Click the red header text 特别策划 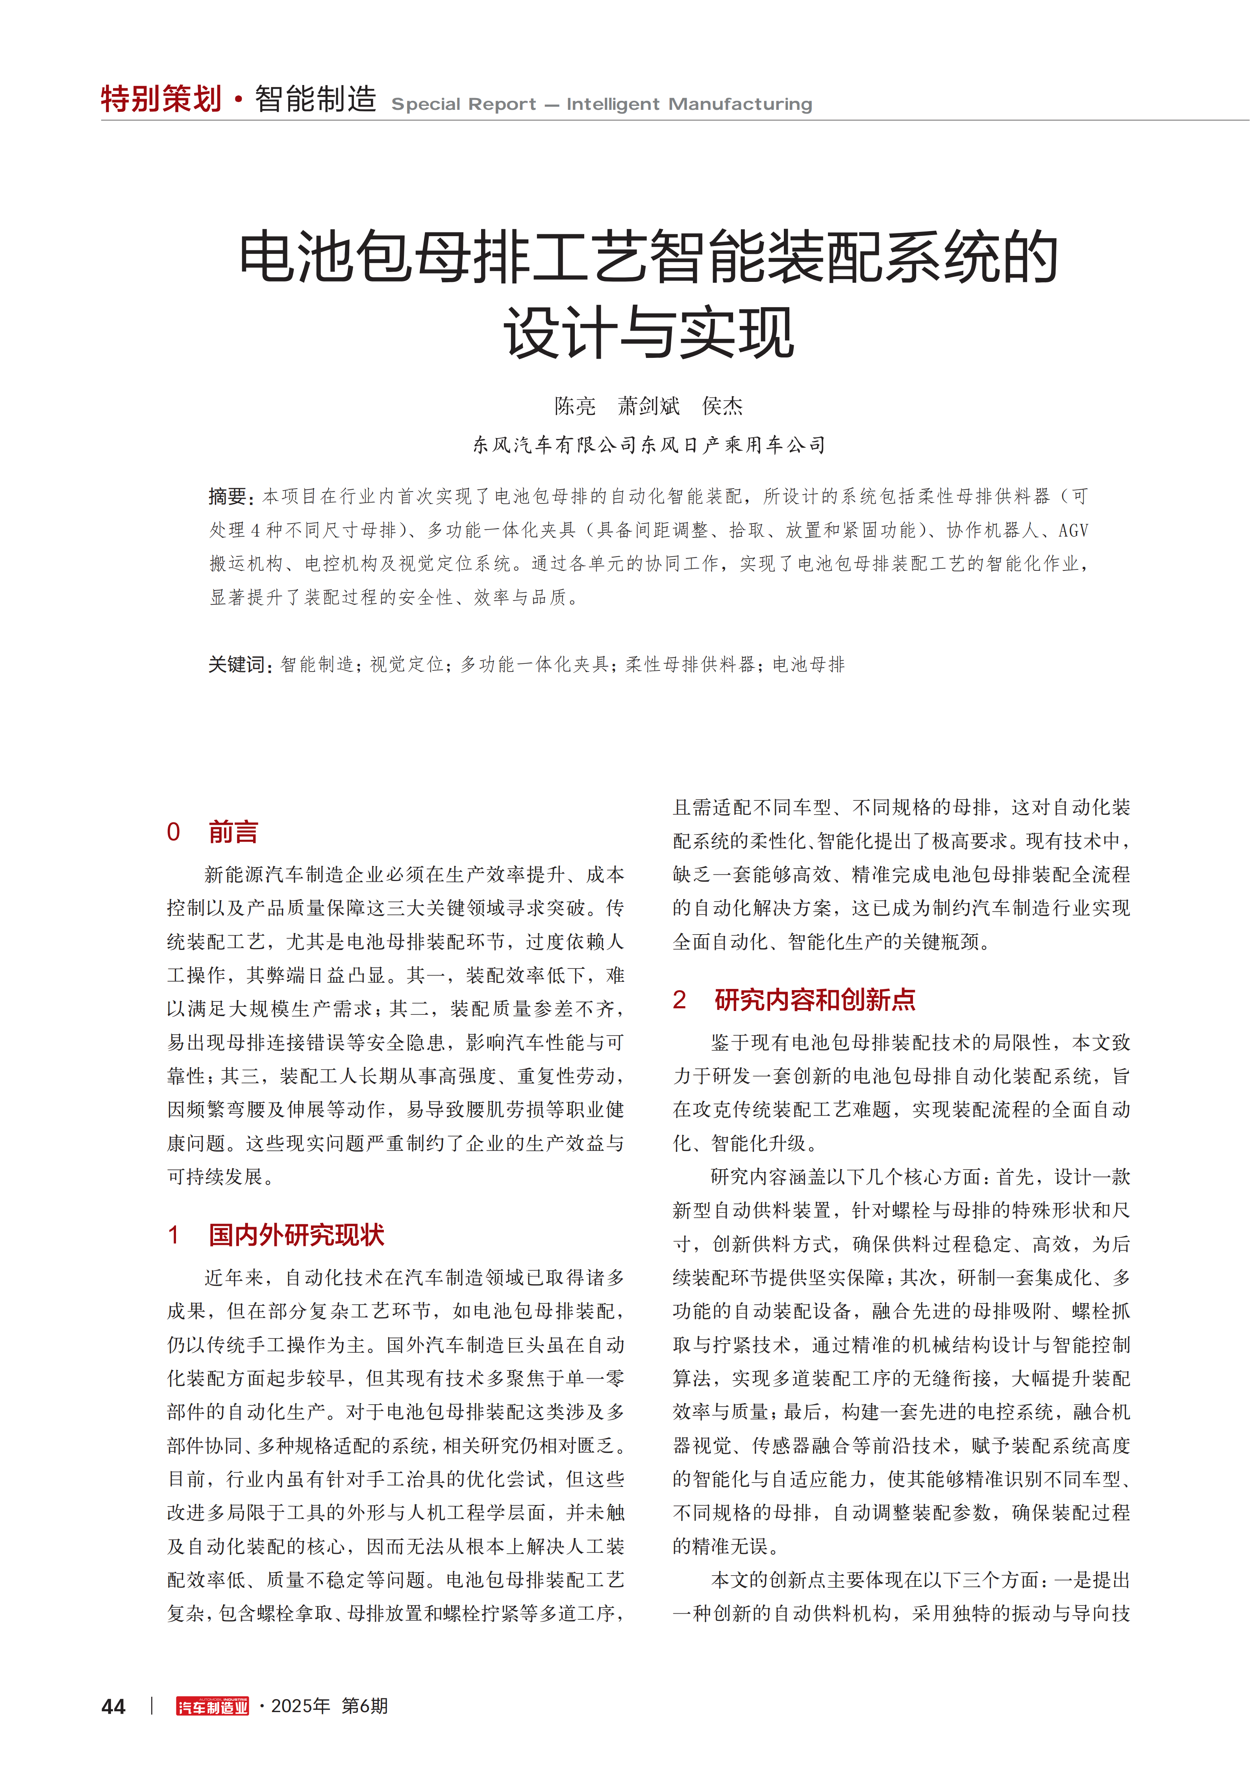tap(161, 99)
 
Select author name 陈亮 tap(574, 406)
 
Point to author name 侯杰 tap(722, 406)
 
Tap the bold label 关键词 tap(239, 665)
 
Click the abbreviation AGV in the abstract tap(1073, 531)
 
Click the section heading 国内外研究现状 tap(296, 1235)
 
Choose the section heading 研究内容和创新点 tap(815, 1000)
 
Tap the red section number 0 tap(173, 832)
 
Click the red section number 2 tap(679, 1000)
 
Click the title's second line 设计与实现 tap(648, 333)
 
